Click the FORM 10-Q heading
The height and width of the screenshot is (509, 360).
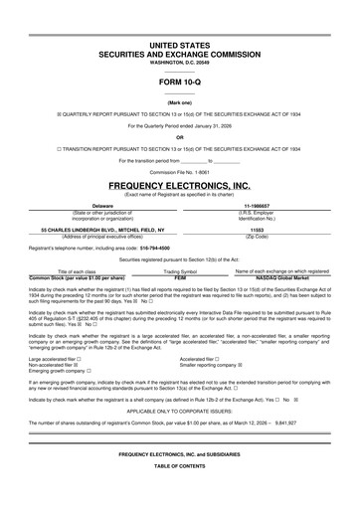pyautogui.click(x=179, y=84)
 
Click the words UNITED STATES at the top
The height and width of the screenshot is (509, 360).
pyautogui.click(x=179, y=47)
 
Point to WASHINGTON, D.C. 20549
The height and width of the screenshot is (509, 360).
pyautogui.click(x=179, y=65)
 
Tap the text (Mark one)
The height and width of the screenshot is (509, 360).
pyautogui.click(x=179, y=102)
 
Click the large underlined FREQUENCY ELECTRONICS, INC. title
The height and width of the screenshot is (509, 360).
pyautogui.click(x=179, y=186)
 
